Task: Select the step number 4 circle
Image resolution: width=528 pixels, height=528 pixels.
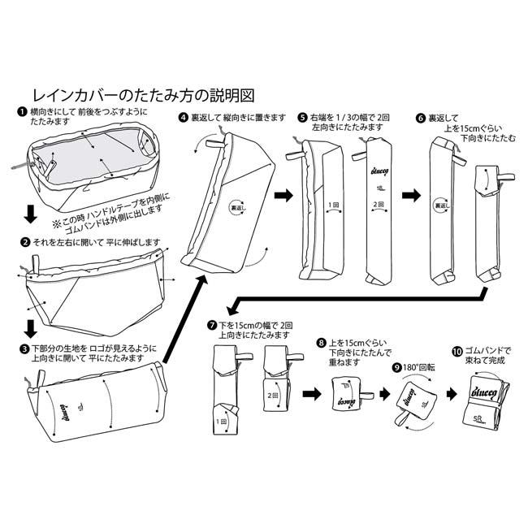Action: click(x=184, y=117)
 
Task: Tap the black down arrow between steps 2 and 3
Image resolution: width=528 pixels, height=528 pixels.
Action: click(x=29, y=330)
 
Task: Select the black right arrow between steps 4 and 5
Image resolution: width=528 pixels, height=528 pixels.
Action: click(x=283, y=196)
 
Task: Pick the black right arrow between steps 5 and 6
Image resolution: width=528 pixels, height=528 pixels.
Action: click(x=412, y=196)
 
